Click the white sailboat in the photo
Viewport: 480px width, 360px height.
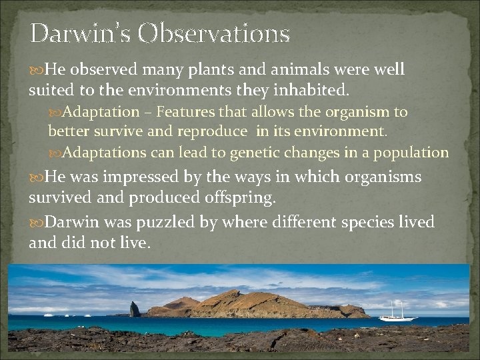click(397, 312)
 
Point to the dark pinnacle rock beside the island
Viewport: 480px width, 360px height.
click(135, 309)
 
